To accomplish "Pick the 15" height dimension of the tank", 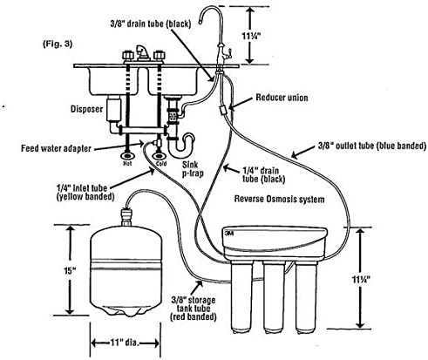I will (53, 271).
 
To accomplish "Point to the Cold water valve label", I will (160, 161).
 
